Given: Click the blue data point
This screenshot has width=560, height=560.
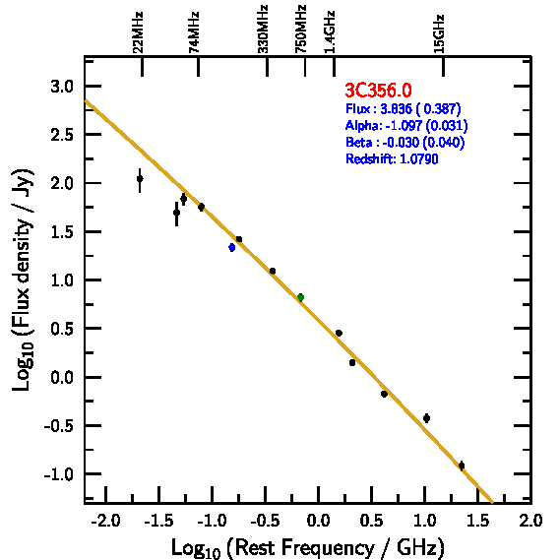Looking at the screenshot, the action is pos(232,247).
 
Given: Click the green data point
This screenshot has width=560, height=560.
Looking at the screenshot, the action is pos(301,297).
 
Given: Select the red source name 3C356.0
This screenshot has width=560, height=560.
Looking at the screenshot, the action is pos(378,90).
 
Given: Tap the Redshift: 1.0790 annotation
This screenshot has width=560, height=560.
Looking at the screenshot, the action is pos(392,158).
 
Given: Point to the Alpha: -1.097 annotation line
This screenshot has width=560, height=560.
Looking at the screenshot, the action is pos(406,125).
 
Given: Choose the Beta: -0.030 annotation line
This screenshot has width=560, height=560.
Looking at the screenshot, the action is pos(405,142).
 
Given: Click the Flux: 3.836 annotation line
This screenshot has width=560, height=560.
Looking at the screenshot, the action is pos(404,108).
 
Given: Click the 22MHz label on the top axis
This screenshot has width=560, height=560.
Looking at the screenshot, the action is pos(138,32).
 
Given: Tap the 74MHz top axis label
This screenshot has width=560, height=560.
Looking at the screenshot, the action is pos(194,32).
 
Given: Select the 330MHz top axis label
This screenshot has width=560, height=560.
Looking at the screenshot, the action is pos(263,29).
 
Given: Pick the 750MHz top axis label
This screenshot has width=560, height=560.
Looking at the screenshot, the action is pos(301,29).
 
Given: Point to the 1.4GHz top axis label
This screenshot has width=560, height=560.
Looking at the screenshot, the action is pos(330,31).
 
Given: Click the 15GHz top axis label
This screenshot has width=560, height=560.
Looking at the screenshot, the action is pos(439,33).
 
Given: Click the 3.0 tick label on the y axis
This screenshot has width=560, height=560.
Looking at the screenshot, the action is pos(62,87).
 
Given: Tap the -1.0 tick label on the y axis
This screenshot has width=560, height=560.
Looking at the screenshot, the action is pos(59,474).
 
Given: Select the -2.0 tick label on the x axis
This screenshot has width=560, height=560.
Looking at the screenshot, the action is pos(105,521).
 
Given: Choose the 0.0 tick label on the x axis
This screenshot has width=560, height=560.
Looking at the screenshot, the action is pos(319,521).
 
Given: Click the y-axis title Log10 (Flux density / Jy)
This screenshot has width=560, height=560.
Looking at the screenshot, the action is pos(23,280).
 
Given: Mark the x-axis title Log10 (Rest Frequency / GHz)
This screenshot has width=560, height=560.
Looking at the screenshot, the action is pos(308,547).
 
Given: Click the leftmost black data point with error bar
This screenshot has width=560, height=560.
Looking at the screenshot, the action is pos(140,178).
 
